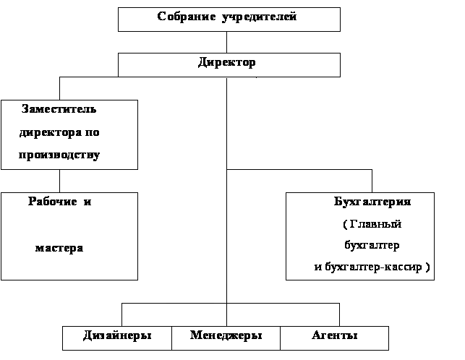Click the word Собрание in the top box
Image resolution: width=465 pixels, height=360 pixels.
click(187, 17)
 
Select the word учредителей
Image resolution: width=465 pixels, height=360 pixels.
click(259, 17)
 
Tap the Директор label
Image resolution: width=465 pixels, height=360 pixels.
click(226, 63)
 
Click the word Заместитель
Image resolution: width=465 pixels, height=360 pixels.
click(59, 109)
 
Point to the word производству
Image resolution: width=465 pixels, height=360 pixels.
click(59, 155)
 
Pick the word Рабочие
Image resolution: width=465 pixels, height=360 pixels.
click(53, 202)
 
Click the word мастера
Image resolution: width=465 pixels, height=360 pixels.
click(59, 248)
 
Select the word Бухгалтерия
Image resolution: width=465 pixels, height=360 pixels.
click(372, 202)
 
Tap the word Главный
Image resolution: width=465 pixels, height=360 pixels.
click(375, 224)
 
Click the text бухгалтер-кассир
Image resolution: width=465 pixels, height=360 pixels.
click(373, 267)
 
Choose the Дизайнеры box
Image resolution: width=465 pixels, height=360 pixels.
click(117, 338)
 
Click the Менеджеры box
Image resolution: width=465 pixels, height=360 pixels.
click(226, 338)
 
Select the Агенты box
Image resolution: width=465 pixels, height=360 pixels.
click(335, 338)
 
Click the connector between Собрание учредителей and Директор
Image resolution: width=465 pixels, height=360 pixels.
click(227, 42)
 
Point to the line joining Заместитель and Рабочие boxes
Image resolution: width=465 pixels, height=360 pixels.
click(59, 181)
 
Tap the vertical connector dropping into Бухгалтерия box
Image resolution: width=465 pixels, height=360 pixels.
click(372, 181)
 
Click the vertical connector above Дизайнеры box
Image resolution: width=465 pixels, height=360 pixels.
click(122, 314)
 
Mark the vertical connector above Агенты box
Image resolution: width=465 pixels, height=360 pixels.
click(339, 314)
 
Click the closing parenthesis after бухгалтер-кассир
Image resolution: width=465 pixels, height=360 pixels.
click(427, 267)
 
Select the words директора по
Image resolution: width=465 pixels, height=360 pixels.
click(59, 132)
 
